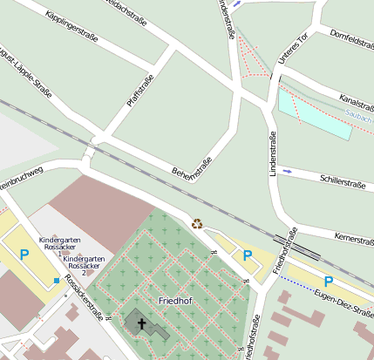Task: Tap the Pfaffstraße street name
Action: click(x=139, y=91)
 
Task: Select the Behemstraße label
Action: click(x=193, y=158)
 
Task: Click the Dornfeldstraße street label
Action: click(x=351, y=44)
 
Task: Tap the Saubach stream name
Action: click(x=358, y=116)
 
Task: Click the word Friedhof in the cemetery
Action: click(x=175, y=301)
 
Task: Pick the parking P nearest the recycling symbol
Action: click(x=248, y=255)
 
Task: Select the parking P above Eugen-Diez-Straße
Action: click(x=329, y=282)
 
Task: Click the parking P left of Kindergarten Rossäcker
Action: click(x=24, y=255)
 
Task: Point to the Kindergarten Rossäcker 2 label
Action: click(x=84, y=263)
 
